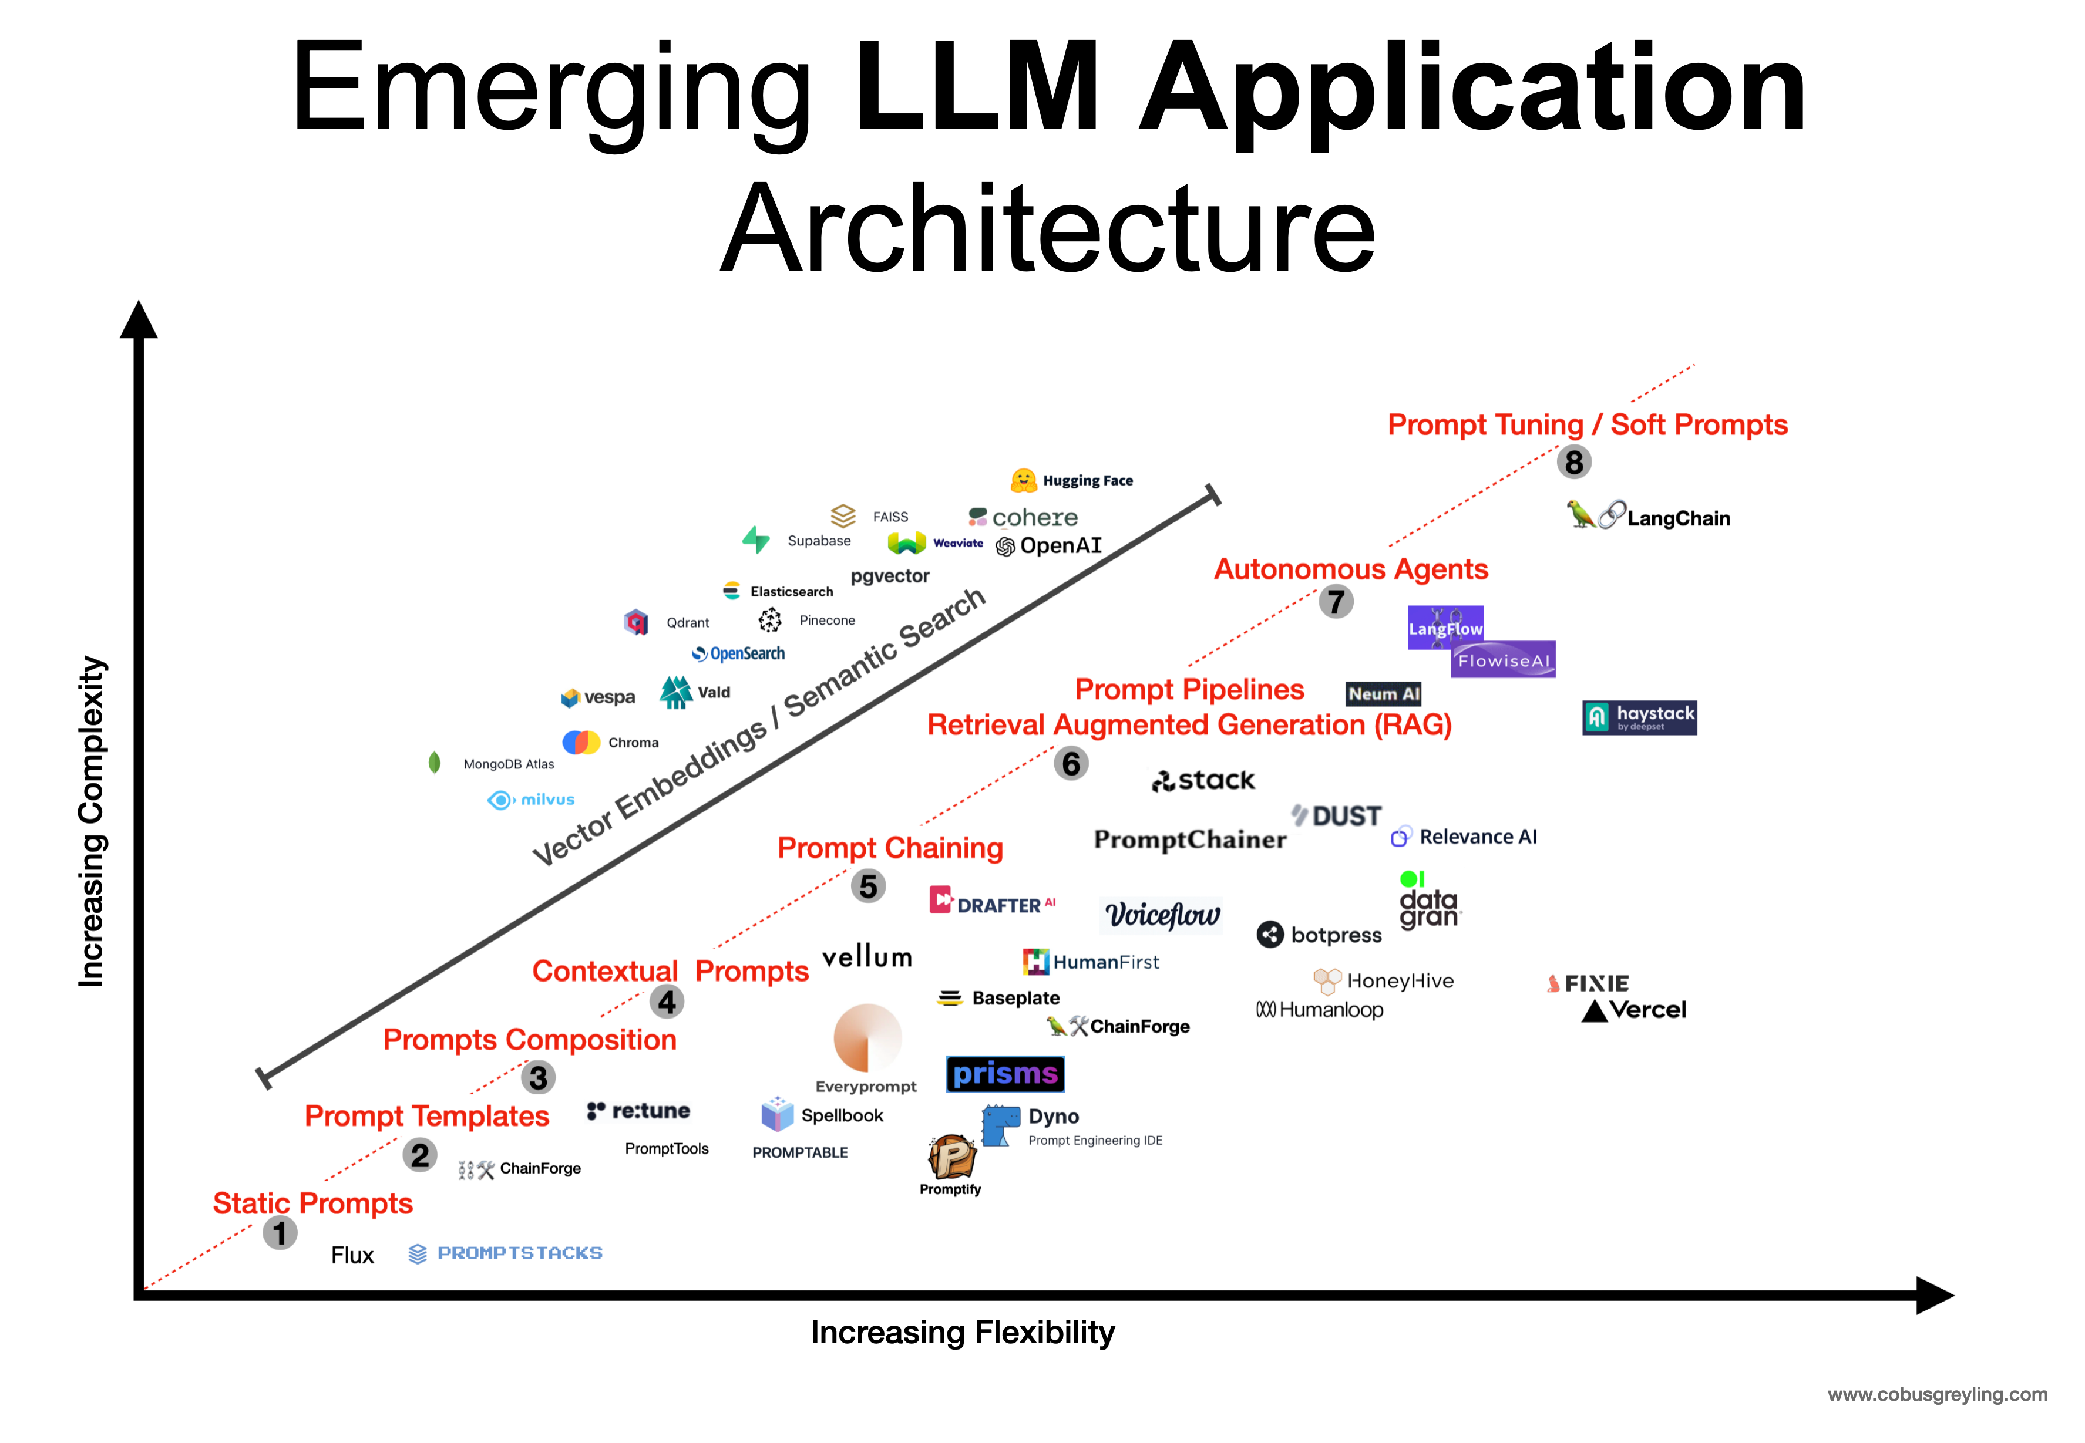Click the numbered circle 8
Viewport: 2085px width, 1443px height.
pyautogui.click(x=1573, y=462)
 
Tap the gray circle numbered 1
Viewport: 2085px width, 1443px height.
pyautogui.click(x=280, y=1232)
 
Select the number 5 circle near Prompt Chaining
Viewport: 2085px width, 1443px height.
pyautogui.click(x=867, y=886)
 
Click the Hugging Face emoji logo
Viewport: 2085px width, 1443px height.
pyautogui.click(x=1023, y=480)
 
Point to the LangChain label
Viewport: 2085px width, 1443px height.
pyautogui.click(x=1678, y=518)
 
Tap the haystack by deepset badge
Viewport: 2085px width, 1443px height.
pyautogui.click(x=1639, y=717)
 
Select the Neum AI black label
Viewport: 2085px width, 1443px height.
pyautogui.click(x=1383, y=693)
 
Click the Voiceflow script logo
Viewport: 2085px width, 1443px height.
pyautogui.click(x=1162, y=915)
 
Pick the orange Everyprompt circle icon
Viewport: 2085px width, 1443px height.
pyautogui.click(x=866, y=1038)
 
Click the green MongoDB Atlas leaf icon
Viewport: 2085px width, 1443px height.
pyautogui.click(x=434, y=763)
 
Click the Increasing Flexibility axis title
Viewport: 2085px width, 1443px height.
pyautogui.click(x=963, y=1332)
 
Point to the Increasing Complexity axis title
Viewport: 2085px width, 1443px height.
pyautogui.click(x=92, y=821)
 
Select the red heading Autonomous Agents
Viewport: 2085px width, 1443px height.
pyautogui.click(x=1350, y=569)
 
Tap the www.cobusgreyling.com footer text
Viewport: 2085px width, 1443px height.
pyautogui.click(x=1936, y=1394)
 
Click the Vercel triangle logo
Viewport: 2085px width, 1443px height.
pyautogui.click(x=1594, y=1012)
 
